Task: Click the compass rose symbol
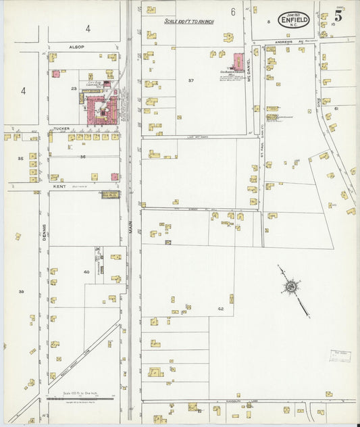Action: click(x=291, y=287)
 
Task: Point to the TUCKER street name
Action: click(x=62, y=128)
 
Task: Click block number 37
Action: click(x=191, y=80)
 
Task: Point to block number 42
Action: click(x=220, y=308)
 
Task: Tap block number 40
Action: click(x=86, y=272)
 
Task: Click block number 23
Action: click(x=74, y=89)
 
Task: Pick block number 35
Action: click(x=20, y=159)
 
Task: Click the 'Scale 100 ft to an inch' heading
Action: click(x=192, y=22)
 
